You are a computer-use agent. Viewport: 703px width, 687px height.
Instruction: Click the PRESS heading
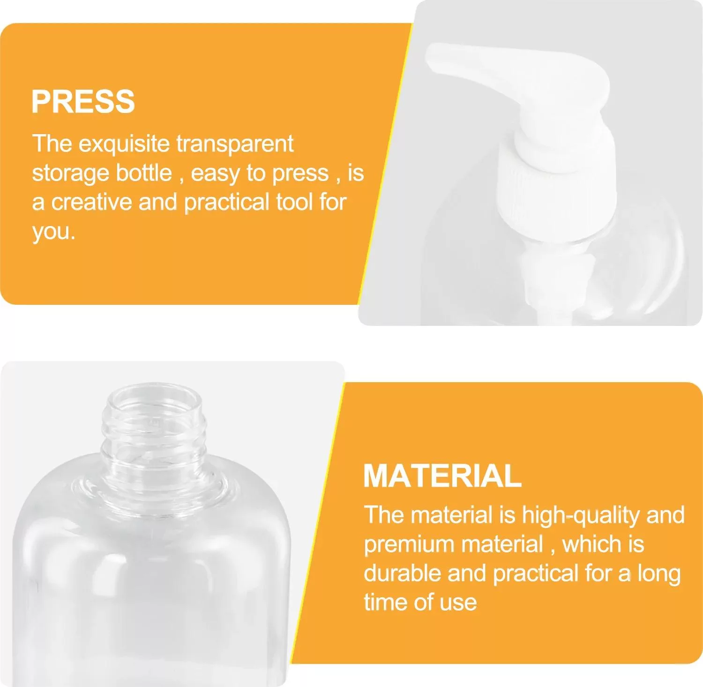click(x=83, y=101)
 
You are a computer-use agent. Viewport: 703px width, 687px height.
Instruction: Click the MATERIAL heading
click(x=442, y=476)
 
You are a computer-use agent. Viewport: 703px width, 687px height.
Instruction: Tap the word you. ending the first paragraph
click(x=53, y=232)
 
